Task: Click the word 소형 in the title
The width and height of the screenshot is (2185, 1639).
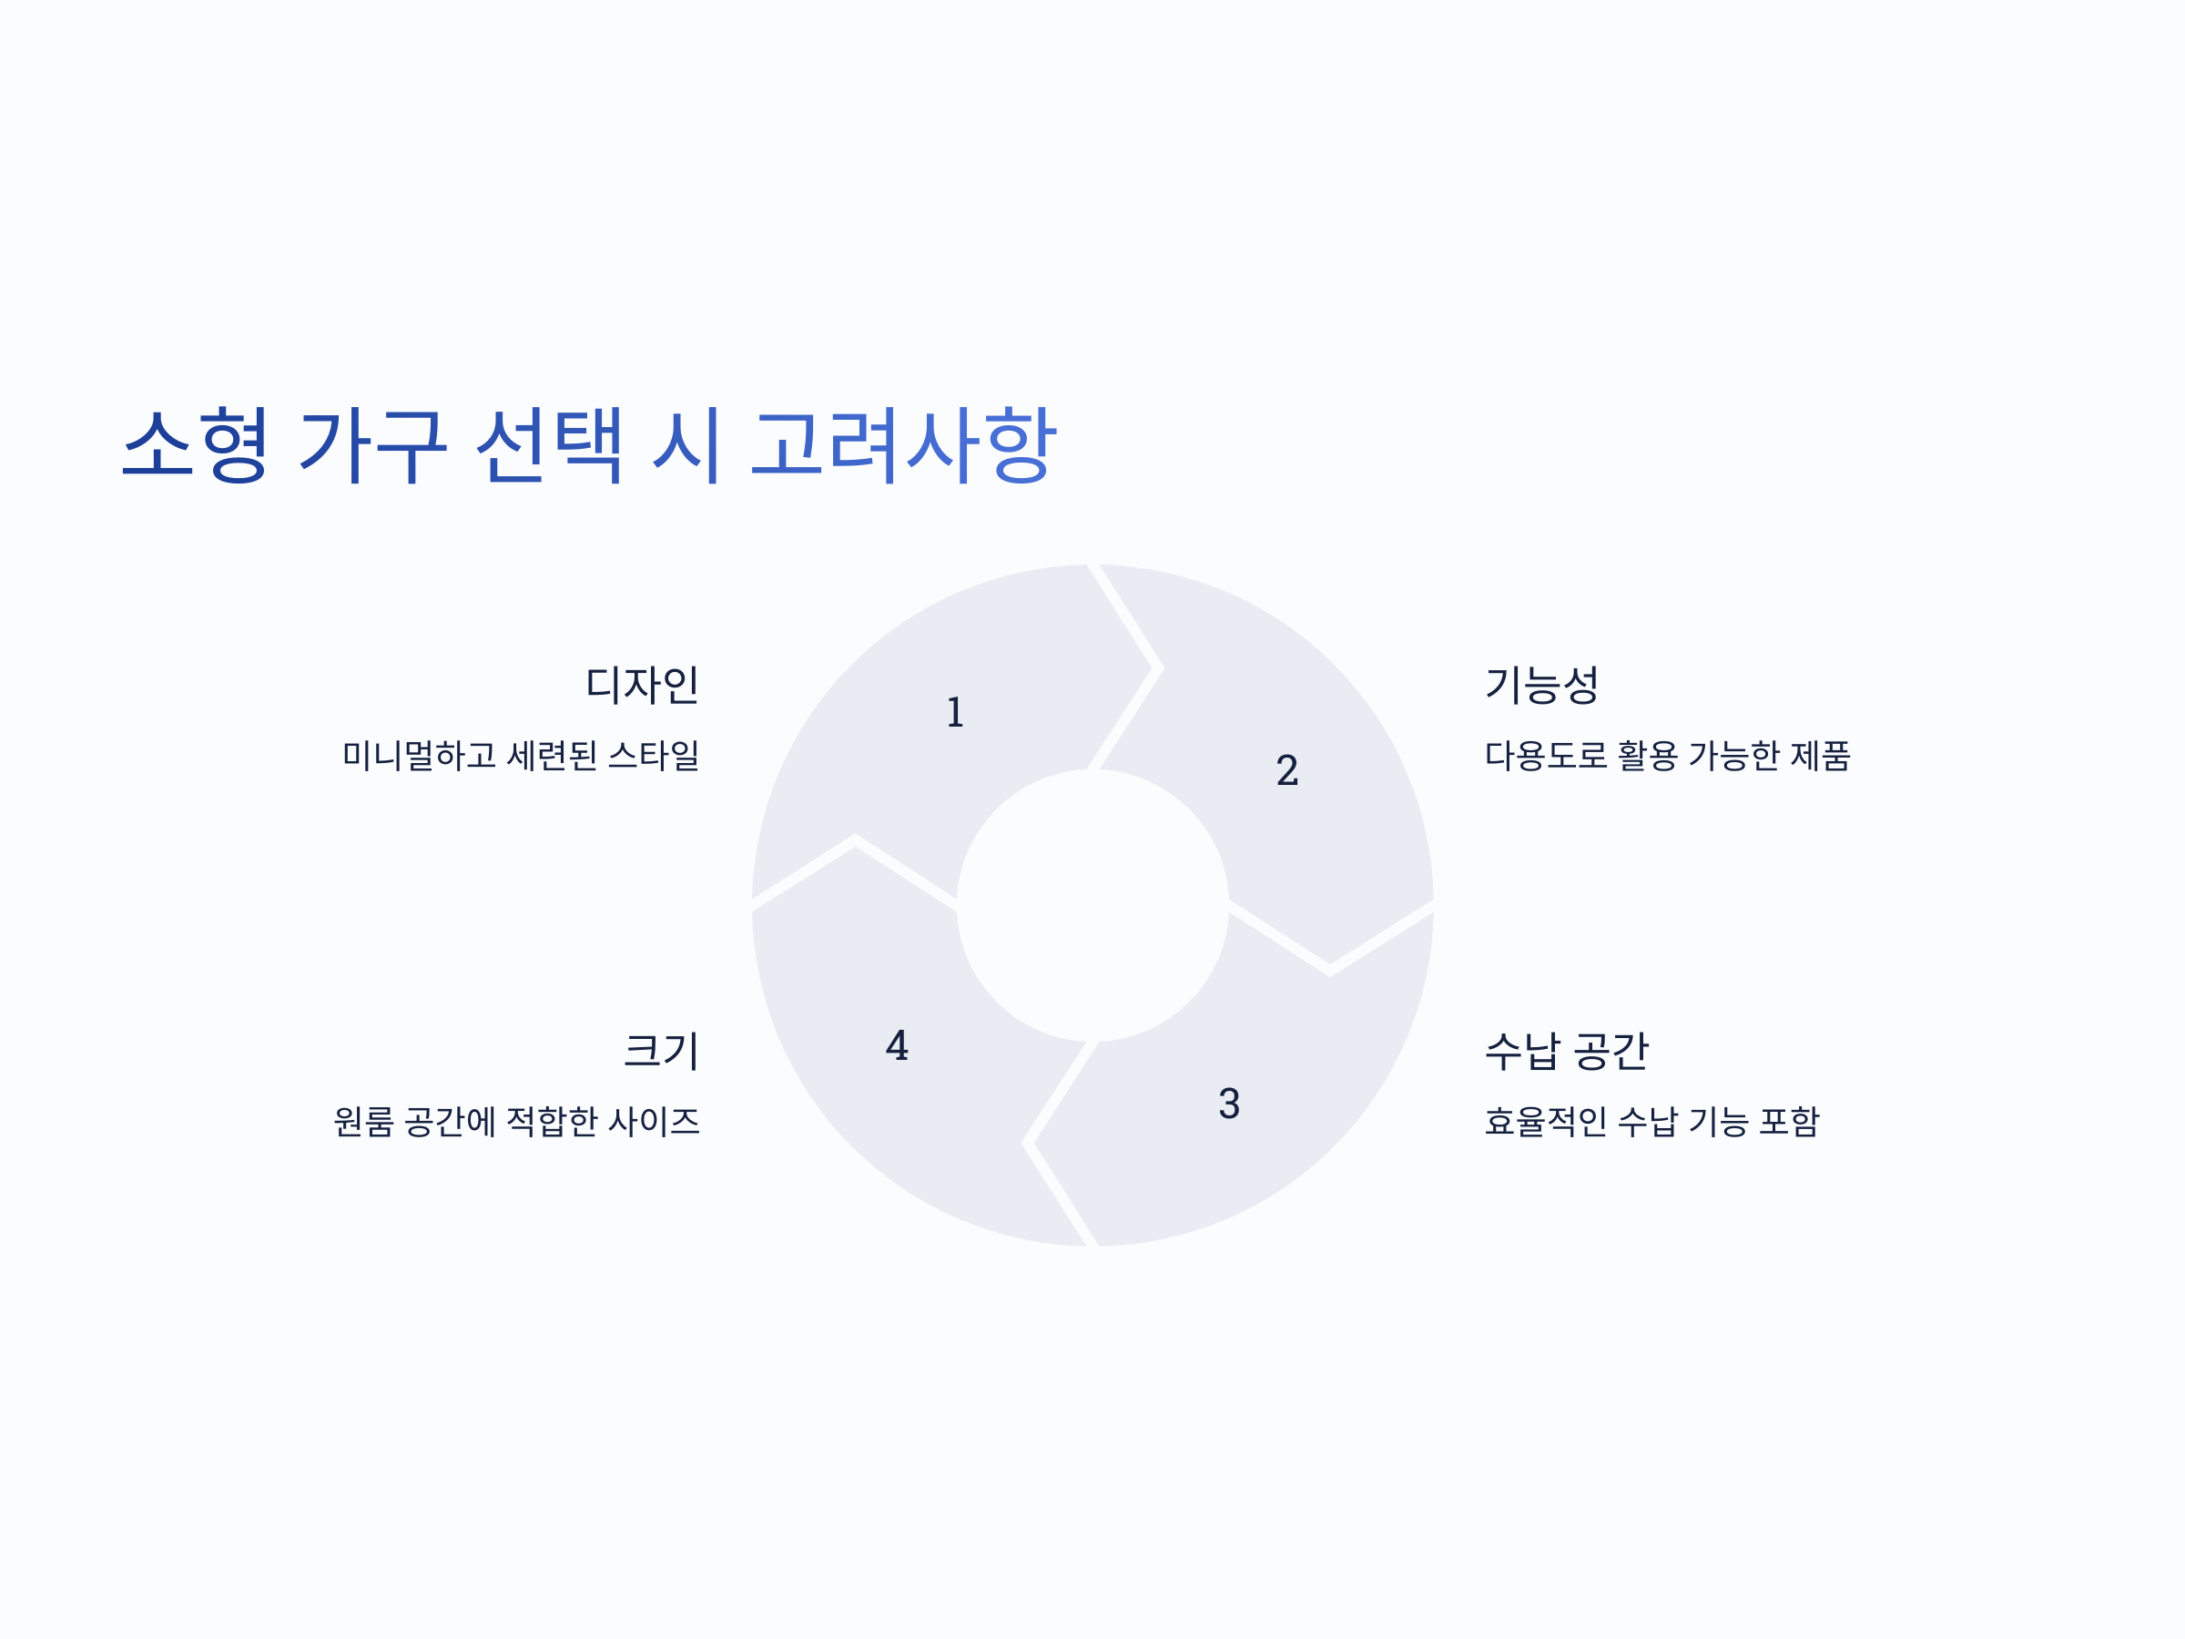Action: (195, 444)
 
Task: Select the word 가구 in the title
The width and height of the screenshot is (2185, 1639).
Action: (373, 444)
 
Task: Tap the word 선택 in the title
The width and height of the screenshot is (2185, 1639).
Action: (549, 444)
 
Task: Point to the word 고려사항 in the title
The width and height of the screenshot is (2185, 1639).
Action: (904, 444)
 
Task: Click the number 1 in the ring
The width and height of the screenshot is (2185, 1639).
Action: (955, 712)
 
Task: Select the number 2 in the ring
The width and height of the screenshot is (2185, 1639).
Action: (1287, 770)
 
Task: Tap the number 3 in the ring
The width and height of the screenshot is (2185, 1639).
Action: (1229, 1104)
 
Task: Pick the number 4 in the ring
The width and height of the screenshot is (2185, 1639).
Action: (897, 1045)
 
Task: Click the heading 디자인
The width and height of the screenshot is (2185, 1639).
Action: (642, 685)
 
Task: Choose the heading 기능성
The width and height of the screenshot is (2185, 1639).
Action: (1542, 685)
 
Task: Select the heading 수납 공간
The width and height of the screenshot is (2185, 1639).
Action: (1567, 1050)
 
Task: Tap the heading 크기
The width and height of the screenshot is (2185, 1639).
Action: (661, 1050)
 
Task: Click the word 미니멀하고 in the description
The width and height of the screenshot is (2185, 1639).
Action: (419, 756)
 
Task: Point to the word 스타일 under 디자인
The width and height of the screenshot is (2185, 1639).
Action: (654, 756)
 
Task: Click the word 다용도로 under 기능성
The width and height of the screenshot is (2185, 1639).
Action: (1546, 756)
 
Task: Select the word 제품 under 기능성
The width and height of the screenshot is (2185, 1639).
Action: (1821, 756)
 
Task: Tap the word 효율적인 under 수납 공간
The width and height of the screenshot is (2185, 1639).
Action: (1546, 1121)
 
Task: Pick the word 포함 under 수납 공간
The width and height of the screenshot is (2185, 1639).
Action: (1789, 1121)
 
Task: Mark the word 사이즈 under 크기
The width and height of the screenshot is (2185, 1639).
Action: (654, 1121)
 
